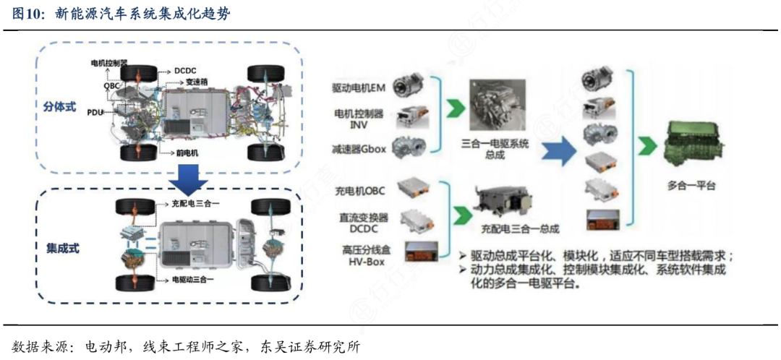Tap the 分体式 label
(x=59, y=106)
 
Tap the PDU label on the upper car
(x=95, y=113)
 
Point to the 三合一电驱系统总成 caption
(x=495, y=150)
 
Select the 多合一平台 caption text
(x=691, y=186)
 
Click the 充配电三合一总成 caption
(x=520, y=229)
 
